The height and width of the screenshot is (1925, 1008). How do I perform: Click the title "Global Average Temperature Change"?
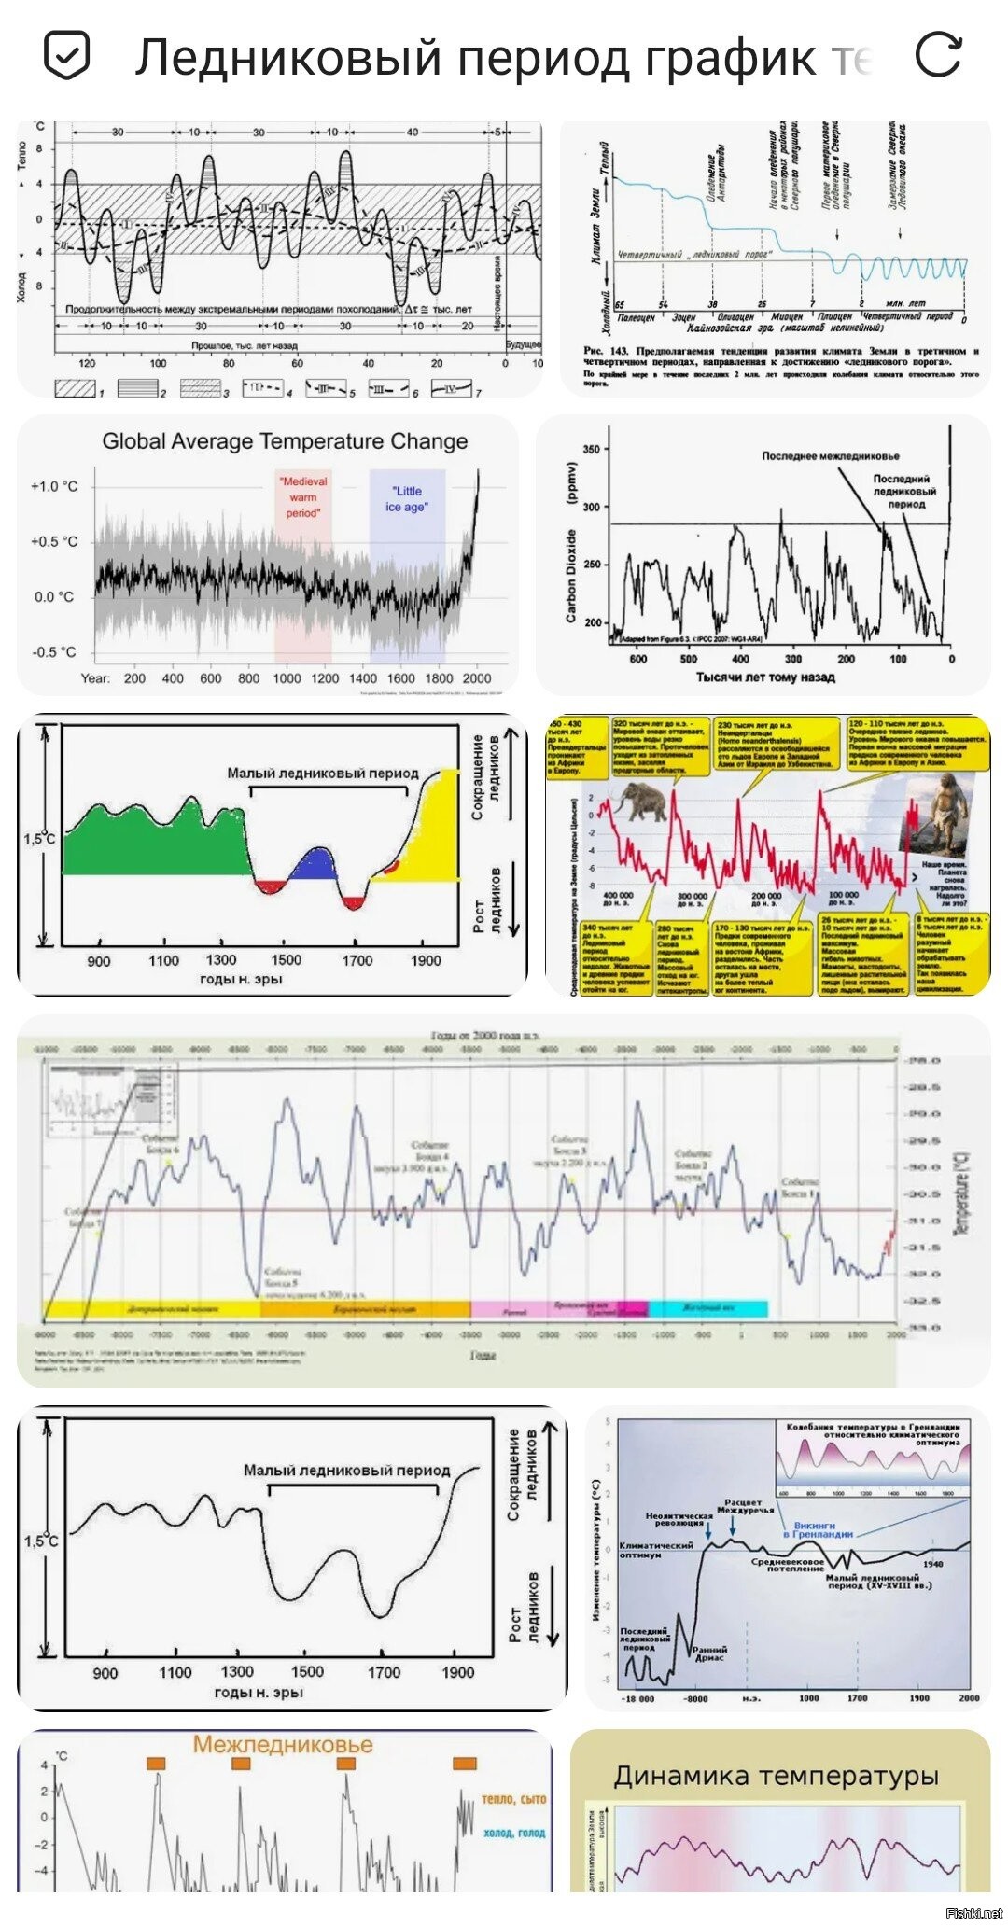click(x=285, y=441)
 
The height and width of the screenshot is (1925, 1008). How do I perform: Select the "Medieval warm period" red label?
click(x=303, y=497)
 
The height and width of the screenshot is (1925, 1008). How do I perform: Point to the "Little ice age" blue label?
click(x=407, y=498)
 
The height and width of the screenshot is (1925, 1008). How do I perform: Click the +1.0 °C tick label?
click(x=54, y=486)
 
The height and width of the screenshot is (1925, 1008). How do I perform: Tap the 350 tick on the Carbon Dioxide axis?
click(x=592, y=449)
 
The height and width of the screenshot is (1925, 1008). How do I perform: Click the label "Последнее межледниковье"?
click(x=831, y=456)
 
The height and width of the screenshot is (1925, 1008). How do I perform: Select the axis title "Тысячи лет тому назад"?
click(x=765, y=677)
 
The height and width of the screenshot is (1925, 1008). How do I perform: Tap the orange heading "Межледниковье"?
click(x=283, y=1744)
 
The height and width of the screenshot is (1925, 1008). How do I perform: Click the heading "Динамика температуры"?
click(x=776, y=1776)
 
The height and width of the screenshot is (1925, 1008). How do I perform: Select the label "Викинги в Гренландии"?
click(x=818, y=1529)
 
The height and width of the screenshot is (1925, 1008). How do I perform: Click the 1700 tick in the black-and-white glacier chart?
click(x=383, y=1672)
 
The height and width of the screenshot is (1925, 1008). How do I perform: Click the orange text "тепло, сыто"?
click(x=513, y=1798)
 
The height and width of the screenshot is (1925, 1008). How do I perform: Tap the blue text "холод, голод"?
click(x=514, y=1832)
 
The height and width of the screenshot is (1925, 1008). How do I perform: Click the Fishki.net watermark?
click(x=973, y=1913)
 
